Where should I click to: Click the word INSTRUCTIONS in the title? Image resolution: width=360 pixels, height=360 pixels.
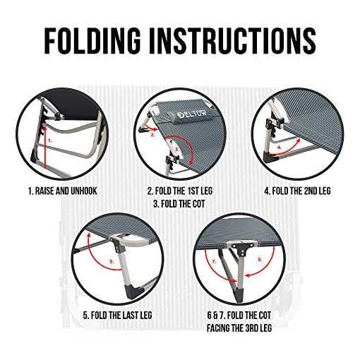point(237,43)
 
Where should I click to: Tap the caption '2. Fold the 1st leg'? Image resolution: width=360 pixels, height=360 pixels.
point(180,191)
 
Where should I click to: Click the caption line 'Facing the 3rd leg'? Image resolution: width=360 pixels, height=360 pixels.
point(241,326)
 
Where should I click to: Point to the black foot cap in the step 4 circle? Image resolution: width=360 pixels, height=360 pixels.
point(268,159)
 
